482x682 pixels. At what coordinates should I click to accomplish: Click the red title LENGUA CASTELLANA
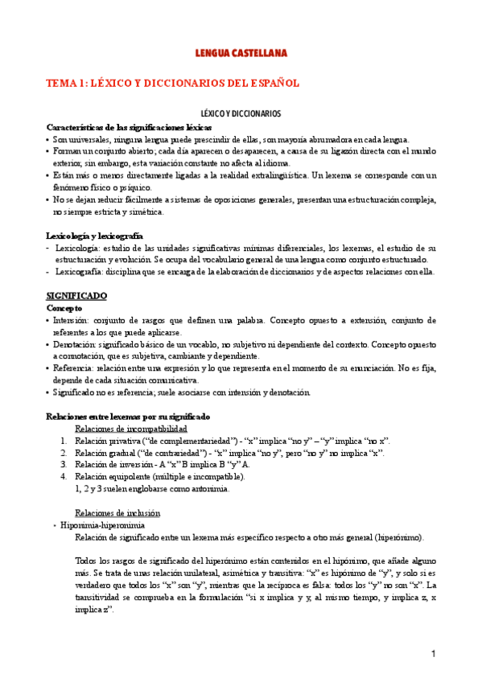(x=241, y=53)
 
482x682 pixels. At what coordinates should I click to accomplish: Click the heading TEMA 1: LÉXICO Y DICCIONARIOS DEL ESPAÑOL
(x=172, y=83)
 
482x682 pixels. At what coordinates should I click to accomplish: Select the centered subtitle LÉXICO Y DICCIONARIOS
(x=241, y=115)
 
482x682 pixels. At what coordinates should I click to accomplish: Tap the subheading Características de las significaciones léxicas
(x=130, y=127)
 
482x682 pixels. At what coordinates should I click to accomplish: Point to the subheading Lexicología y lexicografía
(x=95, y=236)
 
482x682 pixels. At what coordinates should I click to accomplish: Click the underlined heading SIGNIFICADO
(x=80, y=296)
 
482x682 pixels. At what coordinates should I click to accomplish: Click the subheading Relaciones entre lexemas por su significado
(x=128, y=417)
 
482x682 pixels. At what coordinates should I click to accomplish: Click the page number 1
(x=432, y=653)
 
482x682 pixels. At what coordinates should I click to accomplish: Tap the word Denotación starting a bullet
(x=76, y=344)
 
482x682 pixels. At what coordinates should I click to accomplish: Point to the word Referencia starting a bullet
(x=75, y=368)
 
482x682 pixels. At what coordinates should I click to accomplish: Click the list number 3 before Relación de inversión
(x=64, y=465)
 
